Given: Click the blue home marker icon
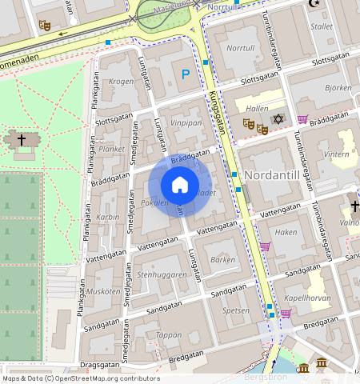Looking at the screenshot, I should pyautogui.click(x=180, y=185).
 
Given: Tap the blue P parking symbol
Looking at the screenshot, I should pyautogui.click(x=186, y=74).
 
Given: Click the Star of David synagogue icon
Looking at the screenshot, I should pyautogui.click(x=278, y=119).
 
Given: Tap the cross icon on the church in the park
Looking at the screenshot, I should pyautogui.click(x=22, y=140).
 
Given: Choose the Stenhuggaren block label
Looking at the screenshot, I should pyautogui.click(x=162, y=274).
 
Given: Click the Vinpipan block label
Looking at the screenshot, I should pyautogui.click(x=186, y=124).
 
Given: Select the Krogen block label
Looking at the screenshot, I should pyautogui.click(x=121, y=82).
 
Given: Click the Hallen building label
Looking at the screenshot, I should pyautogui.click(x=258, y=107).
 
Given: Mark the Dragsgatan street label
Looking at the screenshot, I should pyautogui.click(x=99, y=364).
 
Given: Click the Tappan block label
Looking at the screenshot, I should pyautogui.click(x=169, y=335).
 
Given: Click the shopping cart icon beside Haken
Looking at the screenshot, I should pyautogui.click(x=265, y=246).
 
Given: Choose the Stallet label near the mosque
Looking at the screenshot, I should pyautogui.click(x=322, y=26).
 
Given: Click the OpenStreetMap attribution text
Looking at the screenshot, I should pyautogui.click(x=80, y=378).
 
